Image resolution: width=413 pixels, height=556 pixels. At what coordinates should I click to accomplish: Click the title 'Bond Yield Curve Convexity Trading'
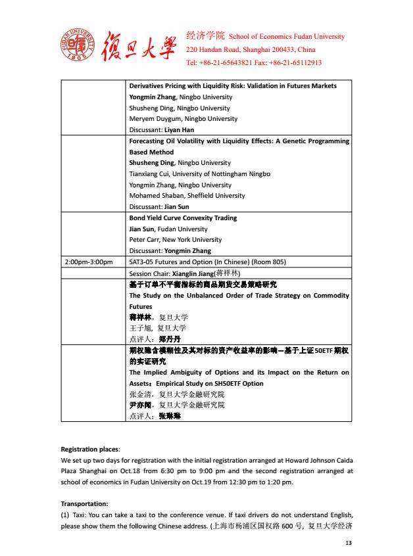183,218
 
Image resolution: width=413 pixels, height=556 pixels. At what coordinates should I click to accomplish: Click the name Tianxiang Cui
153,174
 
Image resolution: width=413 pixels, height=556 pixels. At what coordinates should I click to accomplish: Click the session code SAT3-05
144,262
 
